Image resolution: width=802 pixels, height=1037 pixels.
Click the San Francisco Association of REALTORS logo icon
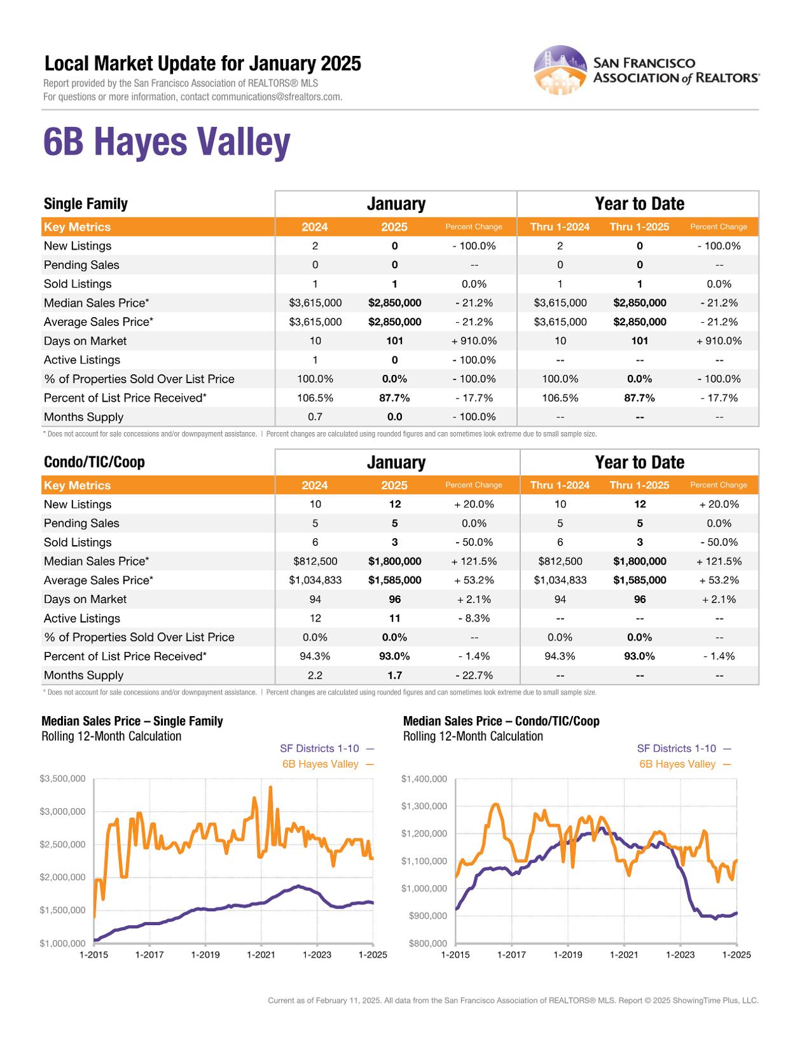pos(560,70)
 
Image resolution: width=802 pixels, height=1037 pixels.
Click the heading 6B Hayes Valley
pos(167,142)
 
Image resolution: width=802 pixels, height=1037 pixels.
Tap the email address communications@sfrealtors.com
pos(277,97)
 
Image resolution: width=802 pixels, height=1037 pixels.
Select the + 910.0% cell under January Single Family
pos(474,341)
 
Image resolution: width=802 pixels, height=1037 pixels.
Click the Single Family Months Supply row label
pos(83,417)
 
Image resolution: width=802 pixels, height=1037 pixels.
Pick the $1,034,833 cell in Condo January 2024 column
pos(315,580)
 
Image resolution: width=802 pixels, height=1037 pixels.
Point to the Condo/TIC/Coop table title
pos(94,462)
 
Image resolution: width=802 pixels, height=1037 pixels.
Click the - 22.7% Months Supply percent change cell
pos(474,675)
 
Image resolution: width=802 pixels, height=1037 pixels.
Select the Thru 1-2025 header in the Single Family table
pos(639,227)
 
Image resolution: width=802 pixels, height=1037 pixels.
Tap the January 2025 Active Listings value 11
pos(394,618)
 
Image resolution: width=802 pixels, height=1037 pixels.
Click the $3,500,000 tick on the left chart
pos(62,778)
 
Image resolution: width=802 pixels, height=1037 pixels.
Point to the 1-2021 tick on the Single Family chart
pos(261,954)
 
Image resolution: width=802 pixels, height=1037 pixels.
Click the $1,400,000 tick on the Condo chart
pos(424,778)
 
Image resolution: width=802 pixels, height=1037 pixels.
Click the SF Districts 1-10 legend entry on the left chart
pos(319,749)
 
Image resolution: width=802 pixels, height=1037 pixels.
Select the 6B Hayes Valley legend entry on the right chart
pos(677,764)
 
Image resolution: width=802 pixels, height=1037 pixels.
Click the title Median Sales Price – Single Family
pos(132,721)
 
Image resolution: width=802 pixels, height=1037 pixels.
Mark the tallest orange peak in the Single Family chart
pos(270,787)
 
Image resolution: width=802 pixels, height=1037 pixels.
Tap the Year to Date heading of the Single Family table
pos(639,204)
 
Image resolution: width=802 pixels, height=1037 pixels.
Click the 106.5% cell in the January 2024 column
pos(315,398)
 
